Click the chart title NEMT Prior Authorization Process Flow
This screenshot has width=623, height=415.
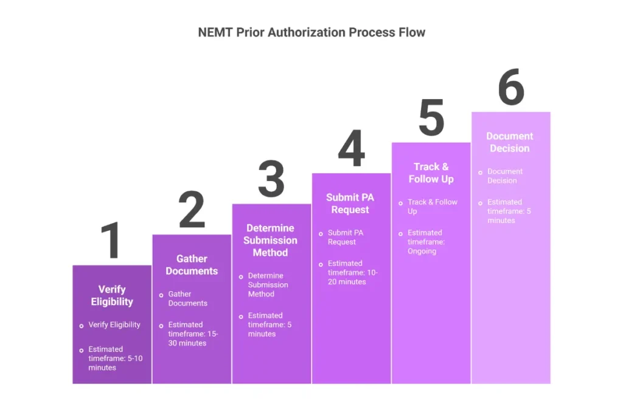[x=311, y=32]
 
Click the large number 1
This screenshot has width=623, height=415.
[x=111, y=241]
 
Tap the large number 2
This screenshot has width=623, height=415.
[x=192, y=210]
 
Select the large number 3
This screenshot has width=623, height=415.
[x=271, y=179]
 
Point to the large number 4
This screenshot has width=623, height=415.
[x=351, y=149]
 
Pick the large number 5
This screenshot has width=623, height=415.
[x=431, y=118]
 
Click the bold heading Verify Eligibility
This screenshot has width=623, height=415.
[x=112, y=295]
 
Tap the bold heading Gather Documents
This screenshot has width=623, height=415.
[x=192, y=265]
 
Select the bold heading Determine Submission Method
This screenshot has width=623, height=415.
[x=271, y=240]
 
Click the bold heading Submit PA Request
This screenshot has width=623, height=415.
[x=350, y=204]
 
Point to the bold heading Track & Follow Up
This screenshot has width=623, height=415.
[x=431, y=173]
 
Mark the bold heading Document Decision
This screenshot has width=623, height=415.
[x=510, y=142]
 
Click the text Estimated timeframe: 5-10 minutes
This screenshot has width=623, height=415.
[x=114, y=358]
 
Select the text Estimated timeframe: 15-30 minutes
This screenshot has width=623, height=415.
[x=193, y=334]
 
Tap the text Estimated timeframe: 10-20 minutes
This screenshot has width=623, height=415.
[x=353, y=272]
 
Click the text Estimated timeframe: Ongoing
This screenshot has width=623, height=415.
[x=426, y=242]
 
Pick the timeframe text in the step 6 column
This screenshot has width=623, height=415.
[x=509, y=211]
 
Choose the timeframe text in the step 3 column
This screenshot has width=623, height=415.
[x=270, y=324]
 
